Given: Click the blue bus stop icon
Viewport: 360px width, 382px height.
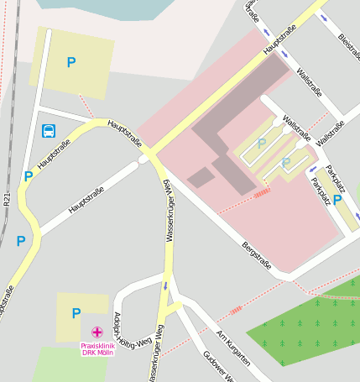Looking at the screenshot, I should point(49,131).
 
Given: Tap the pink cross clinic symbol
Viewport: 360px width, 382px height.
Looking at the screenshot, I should point(97,332).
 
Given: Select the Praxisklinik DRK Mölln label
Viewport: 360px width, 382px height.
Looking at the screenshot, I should point(97,348).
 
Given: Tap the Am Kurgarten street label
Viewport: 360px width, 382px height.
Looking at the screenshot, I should point(232,349).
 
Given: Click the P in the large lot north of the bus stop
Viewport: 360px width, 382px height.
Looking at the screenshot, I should point(71,62).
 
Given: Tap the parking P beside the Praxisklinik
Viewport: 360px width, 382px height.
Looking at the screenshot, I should point(76,314).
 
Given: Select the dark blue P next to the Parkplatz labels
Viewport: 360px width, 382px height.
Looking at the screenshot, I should point(337,200).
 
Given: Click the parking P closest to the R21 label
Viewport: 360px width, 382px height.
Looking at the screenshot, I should point(21,241).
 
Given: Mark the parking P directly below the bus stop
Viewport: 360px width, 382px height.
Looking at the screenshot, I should point(29,176).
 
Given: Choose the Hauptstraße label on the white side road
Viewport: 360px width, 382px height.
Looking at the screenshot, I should point(88,198).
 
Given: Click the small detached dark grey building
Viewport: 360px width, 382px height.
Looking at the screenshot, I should point(201,177).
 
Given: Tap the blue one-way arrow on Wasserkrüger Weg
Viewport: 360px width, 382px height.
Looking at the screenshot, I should point(166,285).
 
